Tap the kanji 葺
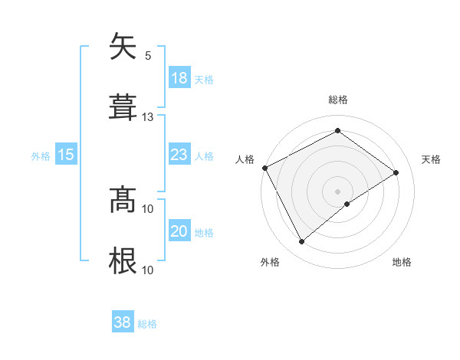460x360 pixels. tap(123, 107)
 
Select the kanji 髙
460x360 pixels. tap(123, 200)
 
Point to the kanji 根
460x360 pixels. tap(123, 260)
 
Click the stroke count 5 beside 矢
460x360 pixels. tap(148, 56)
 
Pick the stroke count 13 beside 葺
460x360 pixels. tap(148, 117)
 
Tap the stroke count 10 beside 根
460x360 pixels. tap(148, 270)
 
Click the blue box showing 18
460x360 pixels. tap(179, 77)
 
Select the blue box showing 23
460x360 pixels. tap(179, 155)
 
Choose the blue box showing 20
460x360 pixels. tap(179, 231)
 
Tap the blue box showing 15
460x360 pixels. tap(66, 155)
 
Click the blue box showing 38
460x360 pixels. tap(123, 322)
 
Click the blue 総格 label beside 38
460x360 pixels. tap(147, 324)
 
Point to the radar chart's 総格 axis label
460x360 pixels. tap(338, 100)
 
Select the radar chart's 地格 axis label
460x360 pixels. tap(402, 262)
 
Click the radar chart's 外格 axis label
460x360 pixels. tap(270, 262)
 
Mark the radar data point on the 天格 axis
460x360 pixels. tap(396, 172)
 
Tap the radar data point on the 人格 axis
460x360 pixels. tap(264, 168)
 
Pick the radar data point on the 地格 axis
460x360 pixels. tap(347, 204)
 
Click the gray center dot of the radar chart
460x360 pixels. tap(337, 191)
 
